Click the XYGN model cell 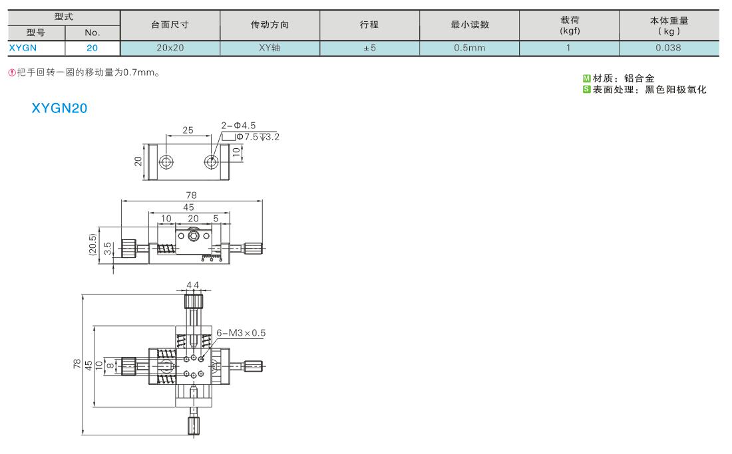point(23,48)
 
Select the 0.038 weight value point(668,48)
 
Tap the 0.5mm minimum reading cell point(469,48)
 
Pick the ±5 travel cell point(369,48)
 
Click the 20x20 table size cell point(170,48)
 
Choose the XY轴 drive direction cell point(270,48)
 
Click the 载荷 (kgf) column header point(569,25)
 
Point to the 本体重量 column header point(669,26)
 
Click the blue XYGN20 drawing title point(59,108)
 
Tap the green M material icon point(586,78)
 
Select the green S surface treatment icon point(586,89)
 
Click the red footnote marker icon point(12,72)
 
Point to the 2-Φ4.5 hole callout point(238,126)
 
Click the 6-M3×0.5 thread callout point(241,333)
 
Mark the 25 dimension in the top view point(188,130)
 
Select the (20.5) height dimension point(92,245)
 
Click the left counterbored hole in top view point(166,162)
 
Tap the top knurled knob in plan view point(193,301)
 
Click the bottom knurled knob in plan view point(194,425)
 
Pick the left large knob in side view point(129,247)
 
